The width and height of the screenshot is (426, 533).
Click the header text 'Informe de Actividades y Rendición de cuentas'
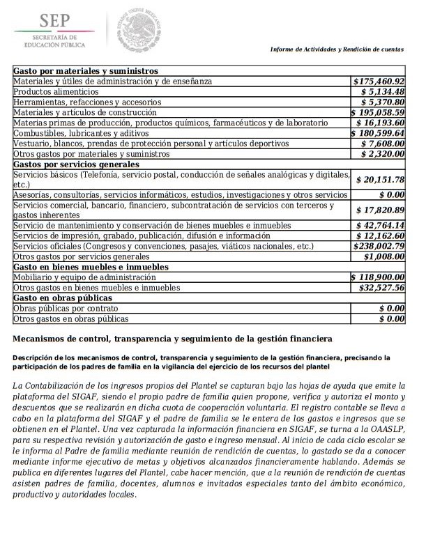(337, 50)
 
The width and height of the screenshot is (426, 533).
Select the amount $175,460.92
(379, 82)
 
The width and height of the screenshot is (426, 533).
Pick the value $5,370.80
(383, 102)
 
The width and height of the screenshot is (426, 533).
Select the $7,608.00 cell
(383, 143)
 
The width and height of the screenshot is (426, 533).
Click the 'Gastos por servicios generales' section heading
(76, 164)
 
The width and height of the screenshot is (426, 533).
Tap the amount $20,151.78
(380, 179)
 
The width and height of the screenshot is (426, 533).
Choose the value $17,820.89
(380, 210)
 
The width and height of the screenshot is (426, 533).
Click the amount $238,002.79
(379, 246)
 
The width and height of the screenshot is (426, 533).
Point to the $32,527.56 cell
(381, 287)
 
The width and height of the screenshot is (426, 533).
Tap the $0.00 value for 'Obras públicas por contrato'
(392, 308)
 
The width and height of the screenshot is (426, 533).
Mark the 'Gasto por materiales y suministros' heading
(85, 71)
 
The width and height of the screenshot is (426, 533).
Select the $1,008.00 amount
(383, 256)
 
